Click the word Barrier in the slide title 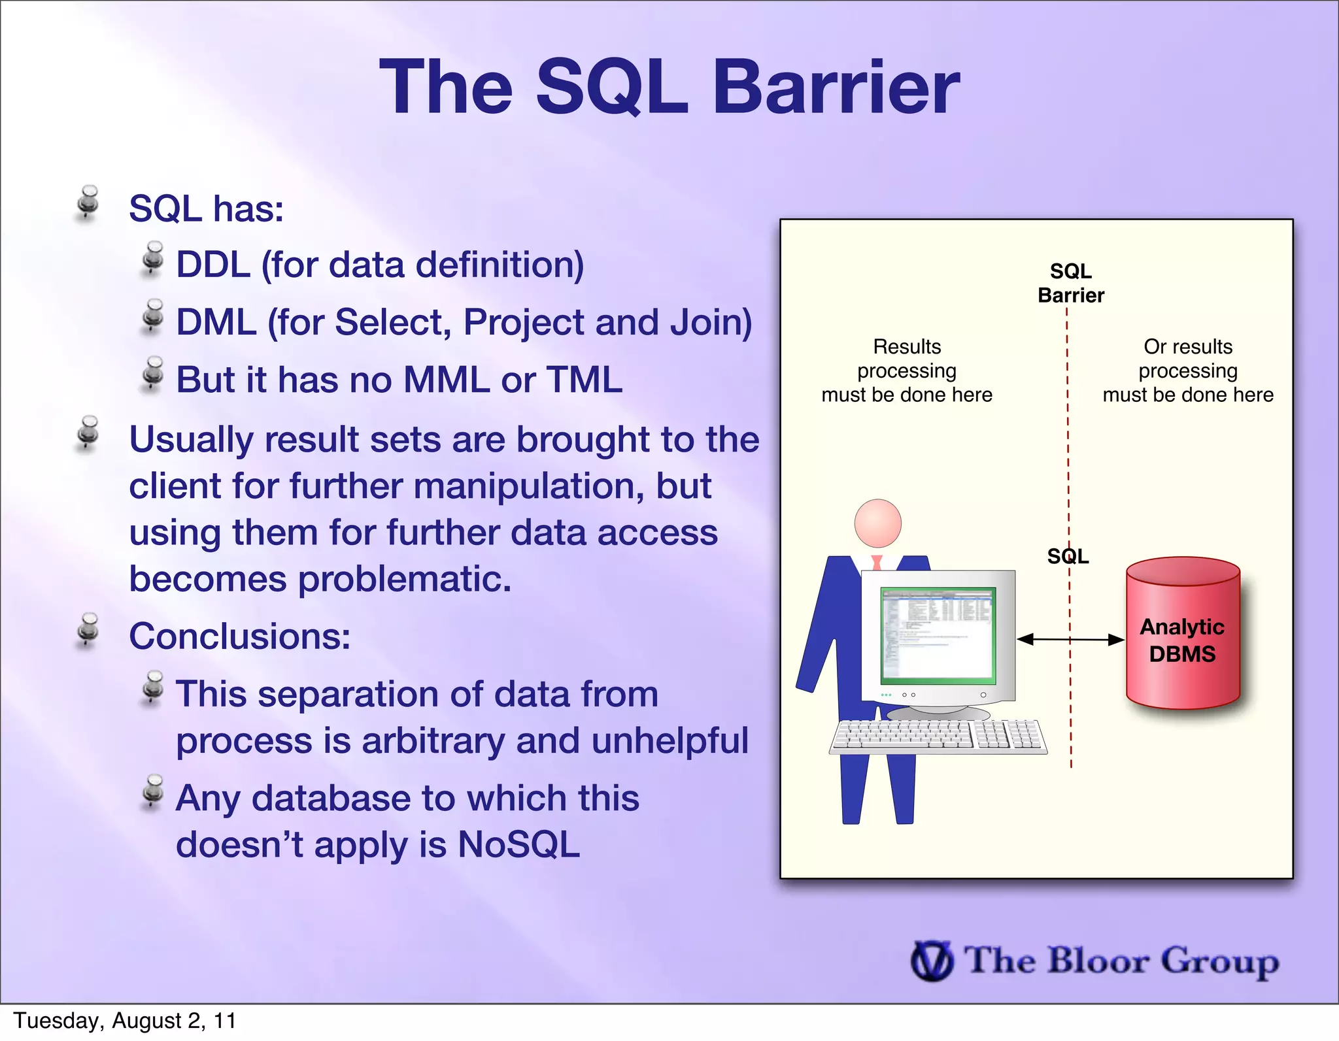pos(836,88)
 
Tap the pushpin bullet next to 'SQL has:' pos(88,203)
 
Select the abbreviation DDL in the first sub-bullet pos(213,265)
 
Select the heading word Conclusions pos(239,636)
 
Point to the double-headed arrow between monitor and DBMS pos(1070,639)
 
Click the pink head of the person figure pos(877,523)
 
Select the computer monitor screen pos(938,635)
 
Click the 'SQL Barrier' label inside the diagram pos(1070,283)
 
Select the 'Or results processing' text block pos(1187,371)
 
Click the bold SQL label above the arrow pos(1068,556)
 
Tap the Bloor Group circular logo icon pos(932,961)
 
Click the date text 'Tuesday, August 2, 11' pos(125,1021)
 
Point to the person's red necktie pos(877,562)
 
